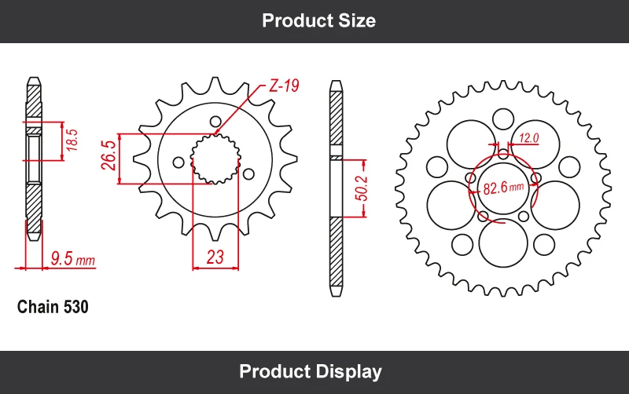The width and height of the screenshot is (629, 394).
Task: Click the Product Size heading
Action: click(318, 20)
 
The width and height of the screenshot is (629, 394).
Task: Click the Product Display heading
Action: click(310, 371)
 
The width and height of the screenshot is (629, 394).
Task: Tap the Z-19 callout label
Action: click(283, 86)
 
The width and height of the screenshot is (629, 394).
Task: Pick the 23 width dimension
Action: click(215, 257)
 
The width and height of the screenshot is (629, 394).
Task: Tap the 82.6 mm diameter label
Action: click(504, 188)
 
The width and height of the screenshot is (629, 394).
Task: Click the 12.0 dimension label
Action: click(528, 139)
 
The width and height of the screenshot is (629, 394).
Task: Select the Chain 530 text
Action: click(53, 307)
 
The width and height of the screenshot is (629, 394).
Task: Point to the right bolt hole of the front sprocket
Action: click(249, 173)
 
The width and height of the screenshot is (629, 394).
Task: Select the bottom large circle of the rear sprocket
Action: click(504, 242)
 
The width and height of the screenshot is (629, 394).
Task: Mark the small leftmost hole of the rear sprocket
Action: click(434, 166)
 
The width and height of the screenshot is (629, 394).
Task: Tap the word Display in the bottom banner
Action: click(348, 371)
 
